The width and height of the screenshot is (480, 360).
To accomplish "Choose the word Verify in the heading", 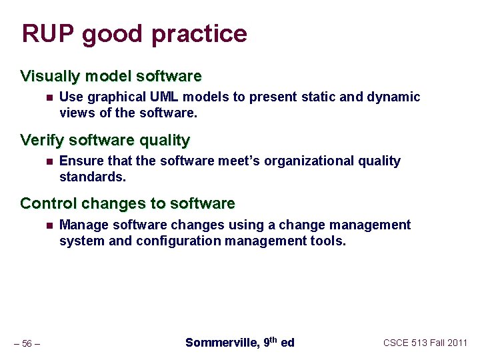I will (x=42, y=140).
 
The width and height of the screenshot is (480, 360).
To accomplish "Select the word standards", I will (x=93, y=177).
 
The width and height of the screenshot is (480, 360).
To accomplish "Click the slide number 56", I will (x=27, y=343).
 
